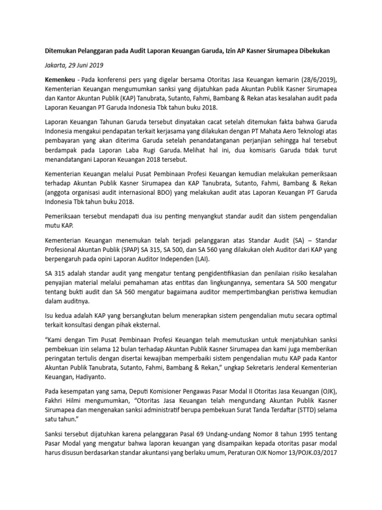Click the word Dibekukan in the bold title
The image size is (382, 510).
pos(312,51)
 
